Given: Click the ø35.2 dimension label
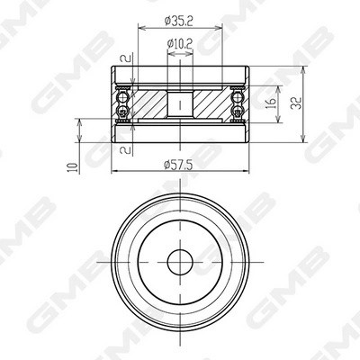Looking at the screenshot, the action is [x=179, y=21].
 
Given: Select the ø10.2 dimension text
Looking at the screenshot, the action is [x=180, y=44].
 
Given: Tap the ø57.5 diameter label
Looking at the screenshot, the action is [x=178, y=165].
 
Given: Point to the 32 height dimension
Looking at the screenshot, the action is [x=296, y=103].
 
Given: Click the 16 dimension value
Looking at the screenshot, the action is [x=272, y=103].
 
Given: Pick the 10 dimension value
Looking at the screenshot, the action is [x=74, y=166].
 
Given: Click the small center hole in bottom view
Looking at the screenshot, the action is [x=180, y=262].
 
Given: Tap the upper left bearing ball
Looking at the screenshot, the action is [x=122, y=97].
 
